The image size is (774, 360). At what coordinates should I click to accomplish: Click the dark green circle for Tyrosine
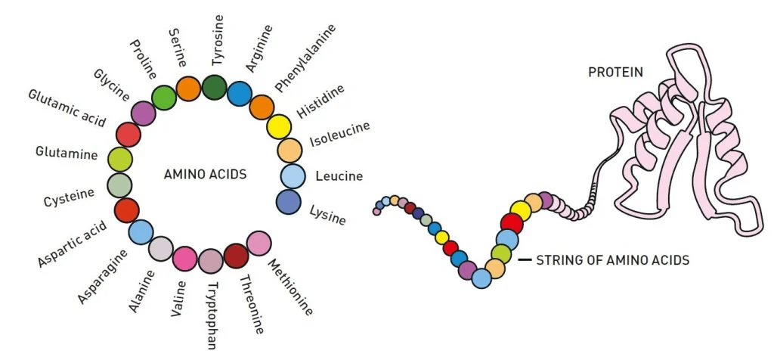(214, 87)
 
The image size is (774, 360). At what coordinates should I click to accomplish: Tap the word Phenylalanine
(305, 57)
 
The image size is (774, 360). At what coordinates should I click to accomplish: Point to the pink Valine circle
(184, 258)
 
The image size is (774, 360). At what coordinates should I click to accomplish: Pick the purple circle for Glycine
(143, 114)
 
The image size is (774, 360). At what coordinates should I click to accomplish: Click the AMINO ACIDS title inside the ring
(205, 174)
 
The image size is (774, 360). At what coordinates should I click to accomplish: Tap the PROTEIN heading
(616, 73)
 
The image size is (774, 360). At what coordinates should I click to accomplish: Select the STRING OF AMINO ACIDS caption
(612, 260)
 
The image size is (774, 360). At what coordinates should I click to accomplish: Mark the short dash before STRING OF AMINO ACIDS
(525, 260)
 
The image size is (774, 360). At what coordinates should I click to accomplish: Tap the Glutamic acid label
(67, 108)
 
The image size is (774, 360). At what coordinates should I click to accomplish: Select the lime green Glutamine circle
(119, 160)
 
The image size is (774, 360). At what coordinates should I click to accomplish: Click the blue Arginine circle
(240, 94)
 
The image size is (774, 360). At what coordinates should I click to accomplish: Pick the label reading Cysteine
(69, 198)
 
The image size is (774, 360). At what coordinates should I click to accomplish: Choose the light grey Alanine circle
(161, 248)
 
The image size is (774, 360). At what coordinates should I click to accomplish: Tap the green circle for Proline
(163, 98)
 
